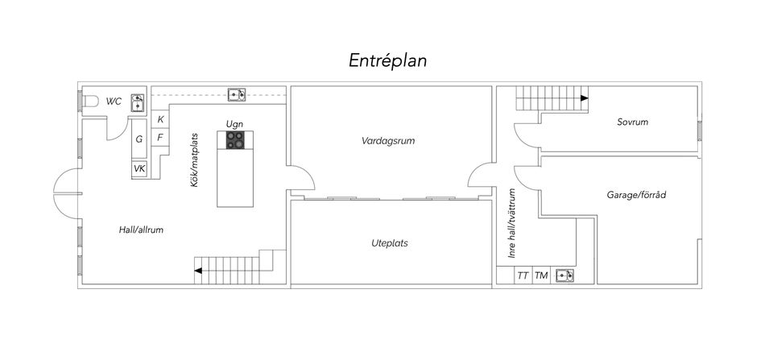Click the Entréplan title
[x=387, y=60]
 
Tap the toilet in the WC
[x=89, y=101]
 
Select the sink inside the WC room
[x=138, y=102]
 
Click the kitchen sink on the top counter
[x=237, y=94]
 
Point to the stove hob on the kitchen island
[x=235, y=140]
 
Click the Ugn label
[x=234, y=124]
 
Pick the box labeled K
[x=161, y=119]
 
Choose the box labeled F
[x=161, y=138]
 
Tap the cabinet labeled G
[x=139, y=139]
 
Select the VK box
[x=139, y=168]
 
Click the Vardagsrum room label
[x=388, y=141]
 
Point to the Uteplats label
[x=390, y=243]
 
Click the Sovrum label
[x=633, y=122]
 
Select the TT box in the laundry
[x=523, y=275]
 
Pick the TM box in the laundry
[x=541, y=275]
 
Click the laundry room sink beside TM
[x=565, y=275]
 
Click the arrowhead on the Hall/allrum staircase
[x=198, y=271]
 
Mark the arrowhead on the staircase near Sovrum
[x=585, y=98]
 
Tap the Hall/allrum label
[x=141, y=230]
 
